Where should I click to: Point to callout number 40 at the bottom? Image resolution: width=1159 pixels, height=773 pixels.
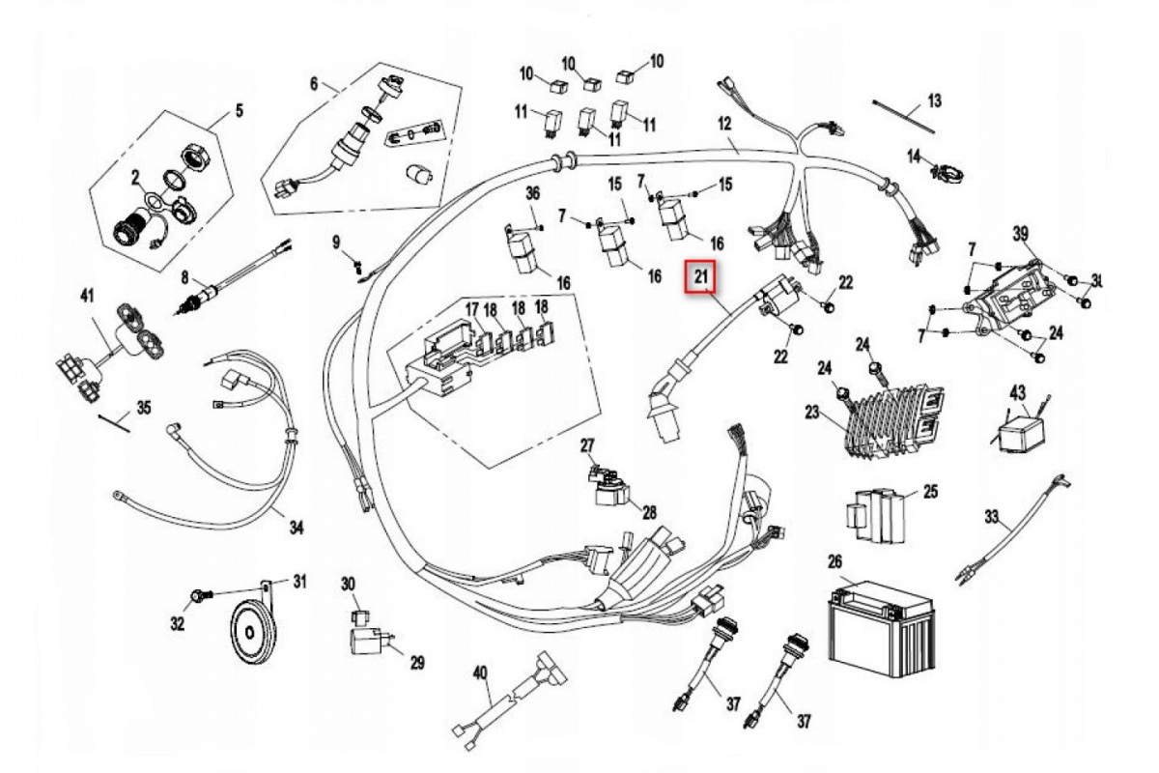click(x=480, y=672)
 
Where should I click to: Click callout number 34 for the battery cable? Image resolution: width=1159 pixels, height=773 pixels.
click(x=297, y=529)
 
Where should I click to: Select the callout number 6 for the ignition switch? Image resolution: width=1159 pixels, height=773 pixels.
click(x=314, y=83)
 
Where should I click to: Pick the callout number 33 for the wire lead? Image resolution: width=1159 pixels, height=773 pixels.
click(x=992, y=516)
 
